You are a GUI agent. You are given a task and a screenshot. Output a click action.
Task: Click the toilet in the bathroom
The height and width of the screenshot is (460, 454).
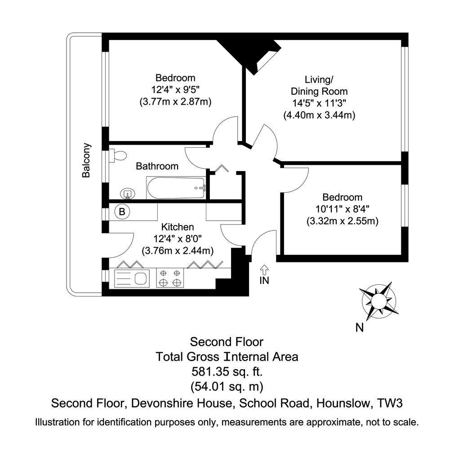[118, 155]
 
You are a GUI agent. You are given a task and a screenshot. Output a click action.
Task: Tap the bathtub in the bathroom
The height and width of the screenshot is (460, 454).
[175, 188]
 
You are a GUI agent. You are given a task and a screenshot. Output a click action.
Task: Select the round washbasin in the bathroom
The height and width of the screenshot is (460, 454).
[128, 194]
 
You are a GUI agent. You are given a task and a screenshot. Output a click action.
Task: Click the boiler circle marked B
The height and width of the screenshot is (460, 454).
[122, 212]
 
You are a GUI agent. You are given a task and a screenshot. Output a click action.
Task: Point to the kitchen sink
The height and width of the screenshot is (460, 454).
[131, 279]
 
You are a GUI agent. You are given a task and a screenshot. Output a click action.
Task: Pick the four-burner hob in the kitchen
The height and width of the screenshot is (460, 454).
[170, 278]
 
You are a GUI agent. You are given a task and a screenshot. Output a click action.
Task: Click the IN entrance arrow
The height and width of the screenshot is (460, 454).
[264, 270]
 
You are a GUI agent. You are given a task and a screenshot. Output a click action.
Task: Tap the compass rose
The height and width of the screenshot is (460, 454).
[379, 301]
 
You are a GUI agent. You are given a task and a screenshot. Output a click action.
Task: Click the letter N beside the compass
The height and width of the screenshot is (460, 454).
[360, 327]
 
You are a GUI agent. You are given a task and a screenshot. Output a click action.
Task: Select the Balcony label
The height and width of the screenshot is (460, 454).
[86, 160]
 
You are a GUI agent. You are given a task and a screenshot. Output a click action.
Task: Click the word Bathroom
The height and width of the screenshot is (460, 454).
[157, 166]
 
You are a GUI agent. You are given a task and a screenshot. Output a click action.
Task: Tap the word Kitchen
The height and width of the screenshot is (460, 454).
[178, 227]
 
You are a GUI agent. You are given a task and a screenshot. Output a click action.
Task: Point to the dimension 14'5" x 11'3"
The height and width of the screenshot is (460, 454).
[319, 103]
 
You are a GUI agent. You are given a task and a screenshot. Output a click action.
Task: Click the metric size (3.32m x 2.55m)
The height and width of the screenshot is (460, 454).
[343, 221]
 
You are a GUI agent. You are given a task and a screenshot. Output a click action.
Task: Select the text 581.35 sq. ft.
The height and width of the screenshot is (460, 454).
[227, 372]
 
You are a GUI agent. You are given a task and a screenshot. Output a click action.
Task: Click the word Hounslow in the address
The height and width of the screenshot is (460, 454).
[343, 403]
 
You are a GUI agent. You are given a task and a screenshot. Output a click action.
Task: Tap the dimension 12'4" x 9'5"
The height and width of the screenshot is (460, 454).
[175, 89]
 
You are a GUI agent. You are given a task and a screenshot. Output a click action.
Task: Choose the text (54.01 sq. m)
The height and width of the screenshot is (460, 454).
[227, 387]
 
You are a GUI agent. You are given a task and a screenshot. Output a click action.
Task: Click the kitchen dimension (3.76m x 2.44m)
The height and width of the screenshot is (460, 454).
[178, 251]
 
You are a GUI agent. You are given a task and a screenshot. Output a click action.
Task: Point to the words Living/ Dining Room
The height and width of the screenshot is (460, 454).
[319, 85]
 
